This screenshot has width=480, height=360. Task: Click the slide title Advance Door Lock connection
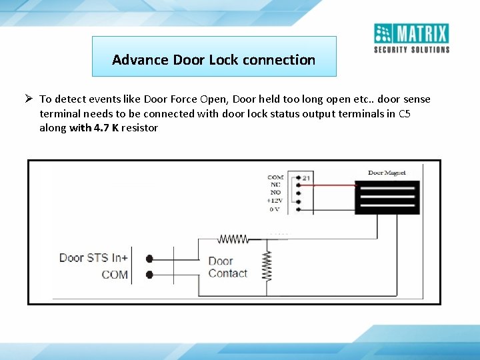[213, 59]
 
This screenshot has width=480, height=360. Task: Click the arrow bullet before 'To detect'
[30, 99]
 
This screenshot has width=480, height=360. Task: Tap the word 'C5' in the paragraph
[404, 113]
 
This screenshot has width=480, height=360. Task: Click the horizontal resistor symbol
[233, 238]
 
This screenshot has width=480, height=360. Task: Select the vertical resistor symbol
[267, 265]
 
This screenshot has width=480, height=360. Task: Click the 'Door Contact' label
[227, 267]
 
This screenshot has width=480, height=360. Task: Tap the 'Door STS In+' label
[93, 258]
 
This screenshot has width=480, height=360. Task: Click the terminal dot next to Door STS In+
[149, 259]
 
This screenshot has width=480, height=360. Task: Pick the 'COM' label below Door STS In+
[115, 275]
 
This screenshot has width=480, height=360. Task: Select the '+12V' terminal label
[275, 201]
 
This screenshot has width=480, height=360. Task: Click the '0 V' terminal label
[275, 209]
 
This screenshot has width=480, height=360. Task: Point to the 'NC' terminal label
[275, 185]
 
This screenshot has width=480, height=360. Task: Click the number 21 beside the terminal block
[306, 178]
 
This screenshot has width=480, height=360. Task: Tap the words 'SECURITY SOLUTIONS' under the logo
[411, 49]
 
